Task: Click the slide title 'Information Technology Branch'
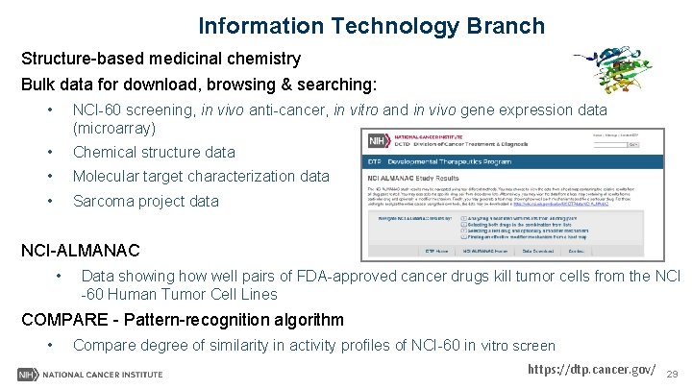pos(371,26)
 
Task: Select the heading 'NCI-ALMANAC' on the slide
pos(81,252)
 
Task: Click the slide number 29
pos(672,374)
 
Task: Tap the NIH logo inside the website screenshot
pos(379,142)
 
